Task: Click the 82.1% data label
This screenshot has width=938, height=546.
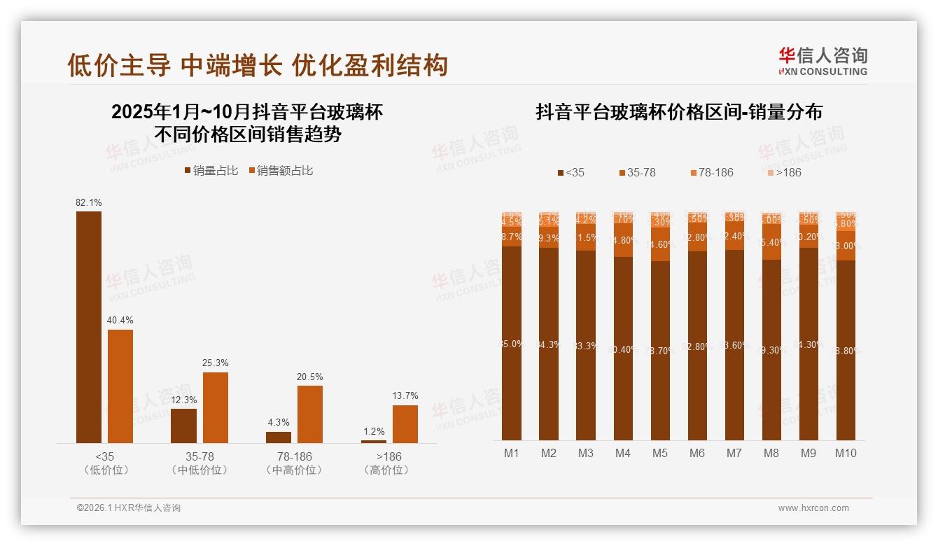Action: (89, 202)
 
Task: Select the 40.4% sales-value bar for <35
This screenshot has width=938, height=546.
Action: (120, 386)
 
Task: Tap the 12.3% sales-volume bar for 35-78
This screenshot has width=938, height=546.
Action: (183, 426)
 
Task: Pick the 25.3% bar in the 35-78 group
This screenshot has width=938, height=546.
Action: (216, 407)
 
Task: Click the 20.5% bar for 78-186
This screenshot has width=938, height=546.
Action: (310, 414)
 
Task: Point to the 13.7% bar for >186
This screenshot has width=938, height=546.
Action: (405, 423)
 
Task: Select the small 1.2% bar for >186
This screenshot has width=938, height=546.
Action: (374, 441)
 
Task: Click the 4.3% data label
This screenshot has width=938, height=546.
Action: (278, 422)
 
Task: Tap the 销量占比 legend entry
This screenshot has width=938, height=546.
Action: (211, 170)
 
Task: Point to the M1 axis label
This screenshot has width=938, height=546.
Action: (512, 453)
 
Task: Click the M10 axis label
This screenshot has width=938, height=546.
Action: (846, 453)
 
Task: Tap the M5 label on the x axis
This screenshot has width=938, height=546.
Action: (660, 453)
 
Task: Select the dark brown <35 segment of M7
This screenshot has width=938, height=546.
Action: (734, 344)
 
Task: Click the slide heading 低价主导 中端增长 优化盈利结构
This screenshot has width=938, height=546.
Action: (257, 65)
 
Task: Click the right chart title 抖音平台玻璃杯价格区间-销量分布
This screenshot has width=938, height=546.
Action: (678, 112)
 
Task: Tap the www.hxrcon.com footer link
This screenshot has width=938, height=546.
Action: (813, 508)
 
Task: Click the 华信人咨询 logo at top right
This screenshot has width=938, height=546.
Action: (822, 61)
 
